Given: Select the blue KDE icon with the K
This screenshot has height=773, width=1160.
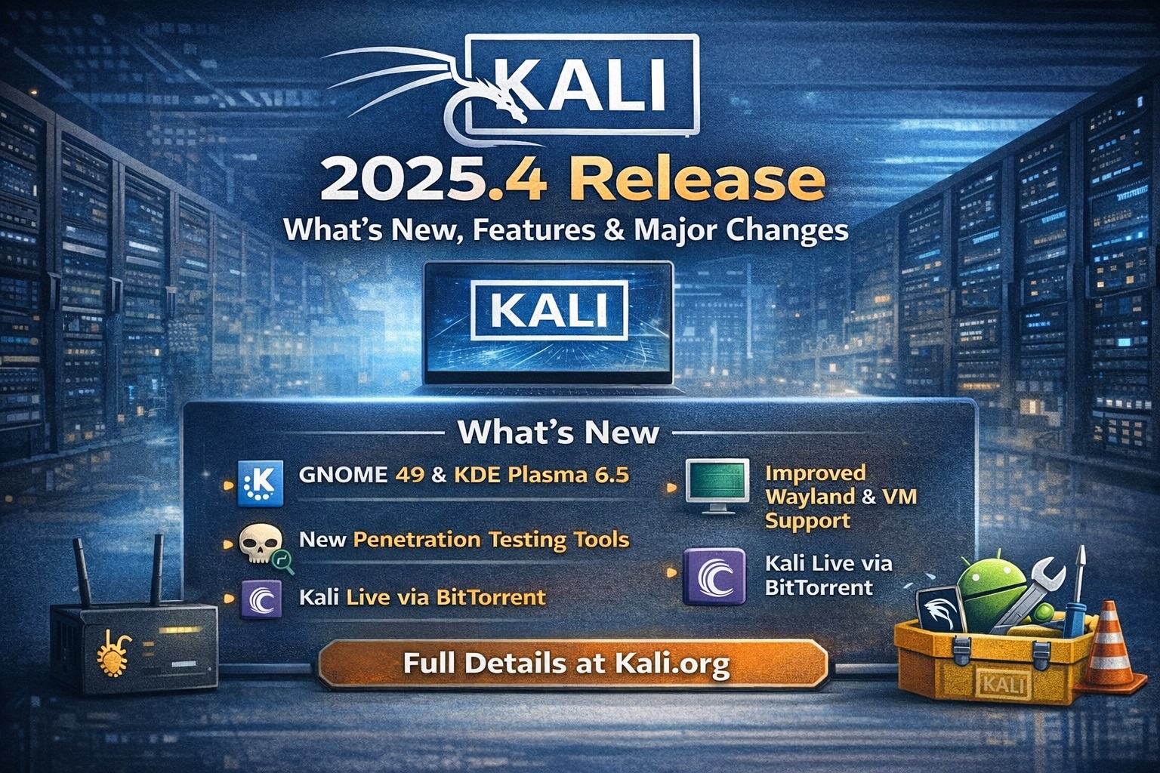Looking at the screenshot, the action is click(261, 483).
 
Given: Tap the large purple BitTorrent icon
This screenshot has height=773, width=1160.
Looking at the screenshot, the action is click(714, 576).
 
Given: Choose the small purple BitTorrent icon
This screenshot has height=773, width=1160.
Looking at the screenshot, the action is click(261, 599).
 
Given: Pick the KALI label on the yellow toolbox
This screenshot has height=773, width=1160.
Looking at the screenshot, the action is click(1001, 685).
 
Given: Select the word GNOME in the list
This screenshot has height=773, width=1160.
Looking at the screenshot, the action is click(343, 474).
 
